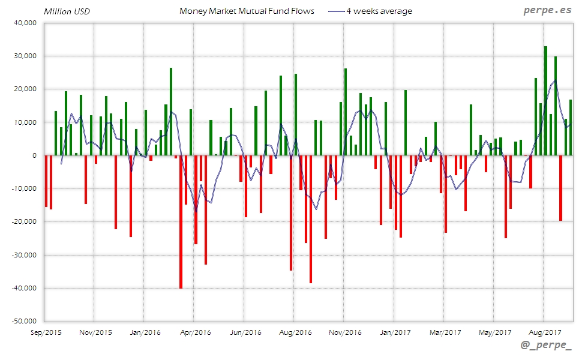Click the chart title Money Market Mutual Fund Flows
click(247, 11)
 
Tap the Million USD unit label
click(66, 11)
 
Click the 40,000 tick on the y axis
click(25, 23)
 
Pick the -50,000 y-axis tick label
click(23, 322)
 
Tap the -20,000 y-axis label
click(23, 222)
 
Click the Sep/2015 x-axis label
click(45, 332)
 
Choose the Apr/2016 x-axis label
click(194, 332)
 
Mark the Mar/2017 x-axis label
click(444, 332)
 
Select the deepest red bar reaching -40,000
click(181, 222)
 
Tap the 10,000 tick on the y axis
click(25, 122)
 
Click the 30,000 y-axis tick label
click(25, 56)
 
